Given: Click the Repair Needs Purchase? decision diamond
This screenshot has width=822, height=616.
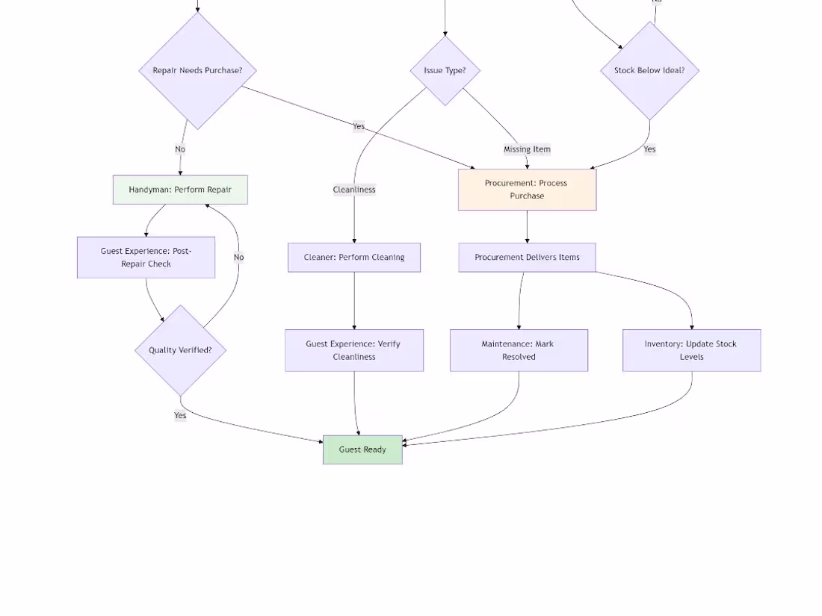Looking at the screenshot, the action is (x=197, y=70).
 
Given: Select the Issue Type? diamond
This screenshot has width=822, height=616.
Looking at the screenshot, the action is (x=445, y=70).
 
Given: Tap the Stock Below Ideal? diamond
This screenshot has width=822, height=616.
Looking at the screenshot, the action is (x=649, y=70).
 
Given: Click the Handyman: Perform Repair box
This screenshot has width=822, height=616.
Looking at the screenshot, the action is (x=180, y=190).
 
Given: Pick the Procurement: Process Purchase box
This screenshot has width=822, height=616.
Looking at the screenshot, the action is (x=527, y=190).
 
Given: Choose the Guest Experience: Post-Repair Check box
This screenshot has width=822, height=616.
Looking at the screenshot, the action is (x=146, y=257).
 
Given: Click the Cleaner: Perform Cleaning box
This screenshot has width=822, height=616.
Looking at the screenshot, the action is (x=354, y=257).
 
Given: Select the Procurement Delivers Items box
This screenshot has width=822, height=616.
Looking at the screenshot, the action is (x=527, y=257).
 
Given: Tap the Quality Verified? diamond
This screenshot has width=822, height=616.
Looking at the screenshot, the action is (x=180, y=350).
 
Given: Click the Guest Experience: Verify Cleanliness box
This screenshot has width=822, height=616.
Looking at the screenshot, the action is (x=354, y=350).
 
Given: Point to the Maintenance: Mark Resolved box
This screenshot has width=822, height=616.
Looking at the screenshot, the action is (x=519, y=350).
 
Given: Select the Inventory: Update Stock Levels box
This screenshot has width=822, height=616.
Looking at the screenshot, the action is (x=691, y=350).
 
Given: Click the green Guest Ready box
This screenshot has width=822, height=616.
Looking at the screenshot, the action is (x=362, y=449).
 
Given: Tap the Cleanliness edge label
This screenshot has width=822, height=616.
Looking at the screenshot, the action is (x=354, y=190).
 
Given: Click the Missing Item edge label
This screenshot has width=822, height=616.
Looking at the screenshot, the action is (x=527, y=149).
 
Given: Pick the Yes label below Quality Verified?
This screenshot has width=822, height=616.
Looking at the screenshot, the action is (x=180, y=415).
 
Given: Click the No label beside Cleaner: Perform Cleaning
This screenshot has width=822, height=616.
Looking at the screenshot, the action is (x=238, y=257).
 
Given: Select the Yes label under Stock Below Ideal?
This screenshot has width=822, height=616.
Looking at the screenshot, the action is (x=649, y=149).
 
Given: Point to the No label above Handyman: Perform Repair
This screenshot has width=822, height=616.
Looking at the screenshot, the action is (x=180, y=149).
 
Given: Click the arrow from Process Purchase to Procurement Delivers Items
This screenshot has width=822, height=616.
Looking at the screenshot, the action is (x=527, y=227).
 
